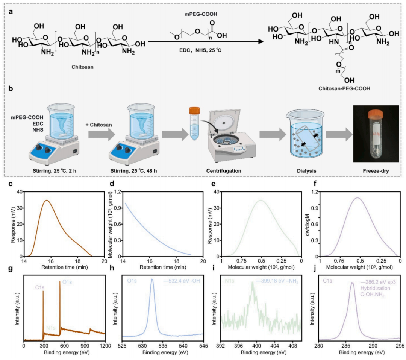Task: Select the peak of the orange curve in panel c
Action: click(x=47, y=200)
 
